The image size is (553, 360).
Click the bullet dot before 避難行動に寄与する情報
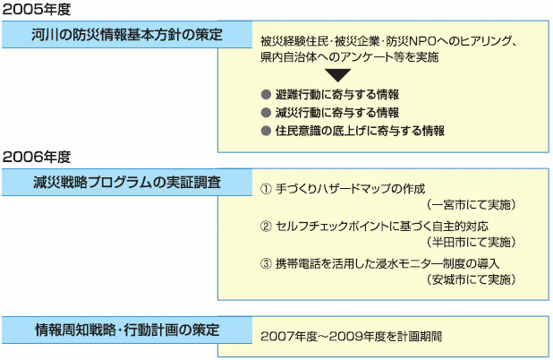[266, 94]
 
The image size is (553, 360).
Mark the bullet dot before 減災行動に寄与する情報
[266, 112]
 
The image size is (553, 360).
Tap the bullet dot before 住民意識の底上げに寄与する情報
[266, 130]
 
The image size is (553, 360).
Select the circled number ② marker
[265, 226]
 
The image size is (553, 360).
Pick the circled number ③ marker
[265, 263]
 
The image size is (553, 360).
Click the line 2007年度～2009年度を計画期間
[352, 339]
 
